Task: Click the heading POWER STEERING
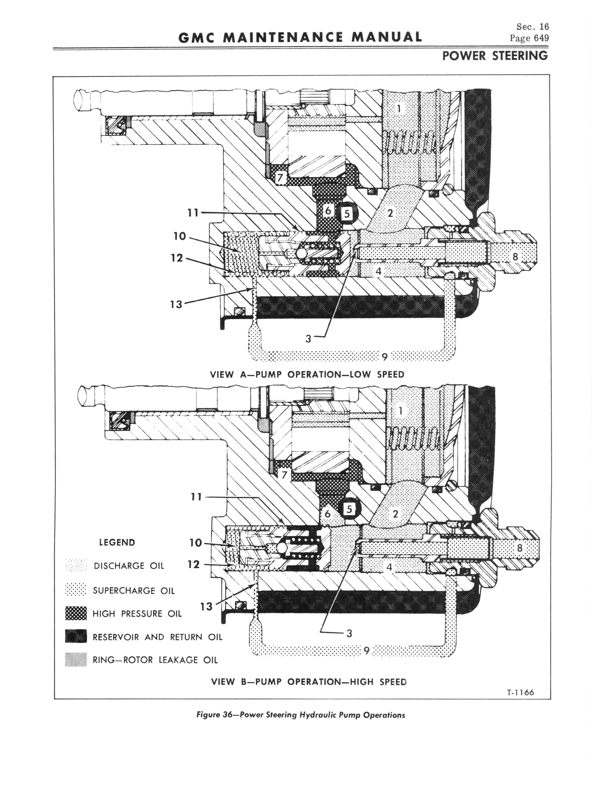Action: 495,56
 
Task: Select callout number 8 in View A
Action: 515,257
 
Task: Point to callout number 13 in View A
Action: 176,304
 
